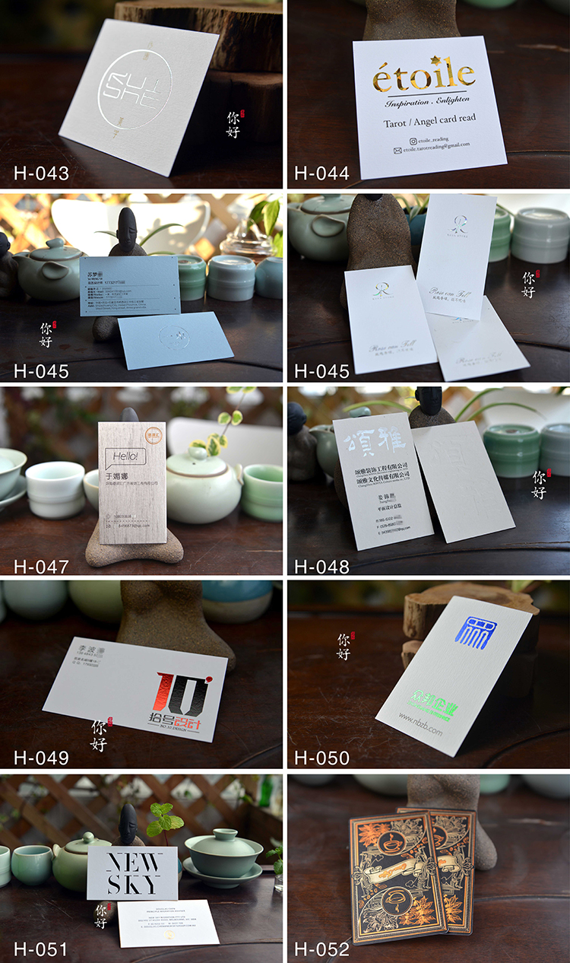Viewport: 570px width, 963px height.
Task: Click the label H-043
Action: (x=42, y=173)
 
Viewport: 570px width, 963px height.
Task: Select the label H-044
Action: (x=322, y=173)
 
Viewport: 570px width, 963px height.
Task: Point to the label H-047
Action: (x=42, y=566)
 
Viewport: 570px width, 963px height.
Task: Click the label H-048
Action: (x=322, y=566)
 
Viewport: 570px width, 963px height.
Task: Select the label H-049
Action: (x=42, y=758)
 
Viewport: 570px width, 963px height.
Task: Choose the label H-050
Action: (x=322, y=758)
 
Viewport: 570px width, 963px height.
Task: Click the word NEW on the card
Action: (x=133, y=863)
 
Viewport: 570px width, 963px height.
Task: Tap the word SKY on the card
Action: (x=133, y=884)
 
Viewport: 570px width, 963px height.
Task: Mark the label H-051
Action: (x=42, y=949)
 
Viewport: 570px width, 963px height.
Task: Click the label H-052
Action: (x=322, y=949)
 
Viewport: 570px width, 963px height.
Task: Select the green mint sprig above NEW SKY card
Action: (x=166, y=820)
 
